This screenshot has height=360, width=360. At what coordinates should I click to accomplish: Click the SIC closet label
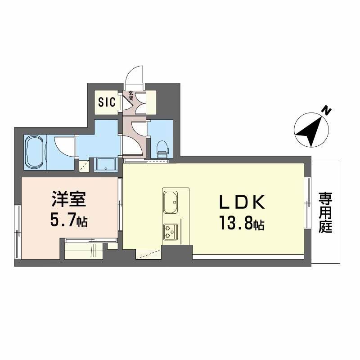click(x=107, y=102)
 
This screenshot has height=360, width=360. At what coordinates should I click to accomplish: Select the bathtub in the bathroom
click(x=34, y=151)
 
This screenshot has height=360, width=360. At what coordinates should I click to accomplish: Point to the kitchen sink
click(x=171, y=202)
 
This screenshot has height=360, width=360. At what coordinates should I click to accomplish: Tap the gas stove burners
click(x=170, y=231)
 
